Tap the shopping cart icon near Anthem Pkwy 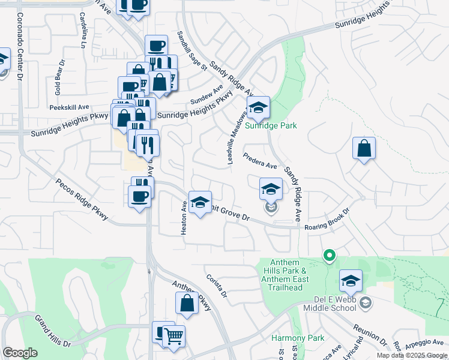click(x=173, y=338)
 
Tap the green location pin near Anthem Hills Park click(x=329, y=256)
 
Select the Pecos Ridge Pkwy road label click(x=82, y=199)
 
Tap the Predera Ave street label click(x=260, y=161)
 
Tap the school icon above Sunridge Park click(x=259, y=107)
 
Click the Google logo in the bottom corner click(x=20, y=353)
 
